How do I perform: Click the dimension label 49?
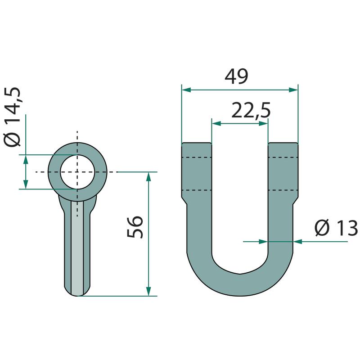point(236,76)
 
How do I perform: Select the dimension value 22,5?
point(251,110)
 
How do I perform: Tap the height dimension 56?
point(135,227)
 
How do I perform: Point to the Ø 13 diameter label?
point(336,228)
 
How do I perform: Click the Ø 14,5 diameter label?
point(13,117)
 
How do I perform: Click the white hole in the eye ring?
point(77,172)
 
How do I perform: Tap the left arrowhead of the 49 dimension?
point(186,90)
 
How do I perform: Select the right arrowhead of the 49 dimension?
point(293,90)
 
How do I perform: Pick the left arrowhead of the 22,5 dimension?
point(216,124)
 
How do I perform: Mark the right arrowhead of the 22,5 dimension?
point(263,124)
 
